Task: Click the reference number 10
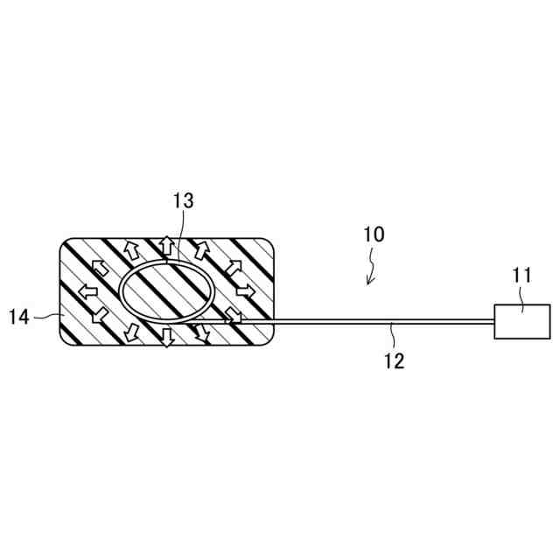374,234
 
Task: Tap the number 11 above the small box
521,275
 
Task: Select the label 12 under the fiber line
395,360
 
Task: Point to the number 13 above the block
183,200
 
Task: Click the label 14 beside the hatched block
20,317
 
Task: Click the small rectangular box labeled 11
522,321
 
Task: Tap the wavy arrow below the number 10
372,268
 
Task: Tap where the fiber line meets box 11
494,321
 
